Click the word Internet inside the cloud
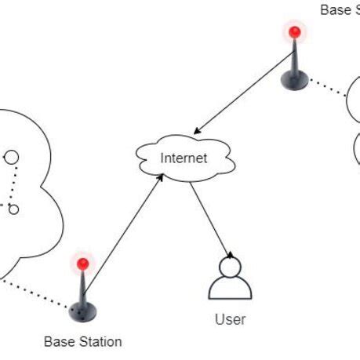(x=184, y=158)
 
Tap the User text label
(x=230, y=319)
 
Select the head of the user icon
(x=230, y=267)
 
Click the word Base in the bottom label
(x=58, y=341)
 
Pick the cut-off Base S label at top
(x=340, y=9)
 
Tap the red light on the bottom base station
(x=82, y=264)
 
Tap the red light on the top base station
(x=294, y=32)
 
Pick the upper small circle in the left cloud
(x=11, y=158)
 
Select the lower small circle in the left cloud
(x=13, y=209)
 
